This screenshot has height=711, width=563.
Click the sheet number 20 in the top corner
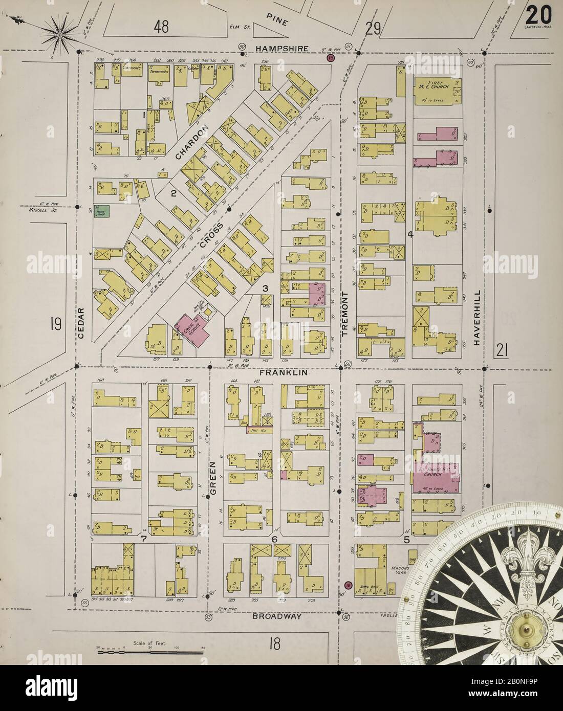pyautogui.click(x=535, y=12)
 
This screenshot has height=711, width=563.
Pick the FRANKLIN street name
pyautogui.click(x=283, y=373)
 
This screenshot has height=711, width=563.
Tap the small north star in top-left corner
pyautogui.click(x=59, y=34)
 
